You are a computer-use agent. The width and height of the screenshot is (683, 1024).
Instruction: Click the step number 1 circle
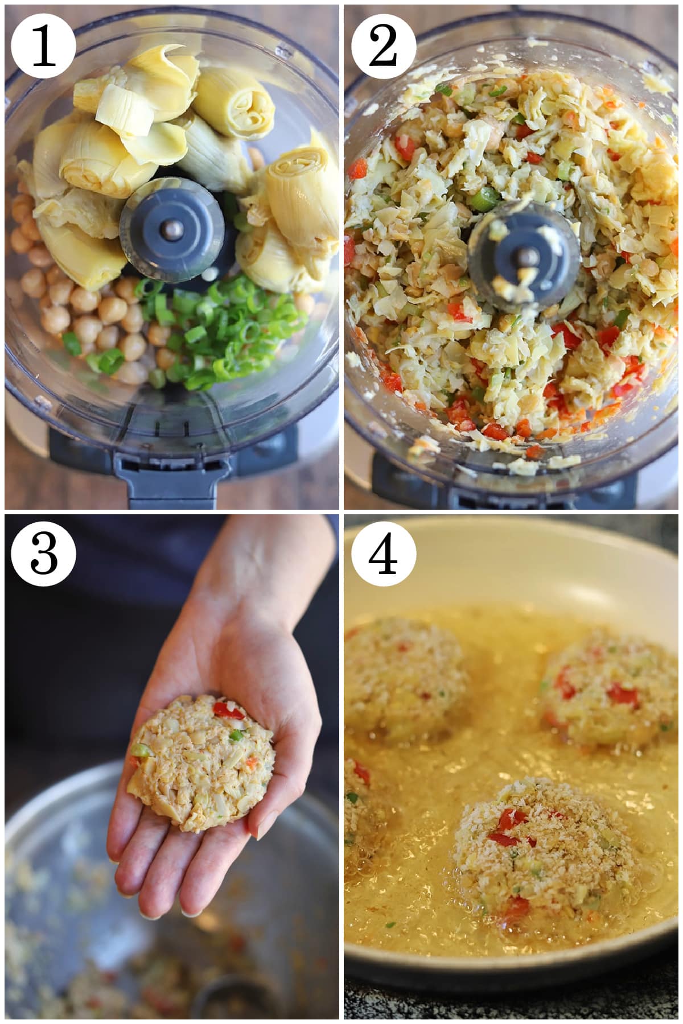pos(43,43)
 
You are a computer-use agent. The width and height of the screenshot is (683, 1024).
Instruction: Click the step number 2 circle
pos(383,43)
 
